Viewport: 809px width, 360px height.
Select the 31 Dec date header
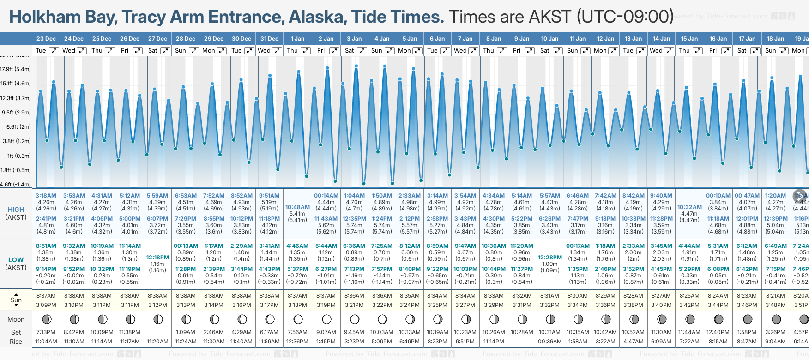coord(269,39)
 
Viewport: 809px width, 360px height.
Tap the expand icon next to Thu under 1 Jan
coord(306,51)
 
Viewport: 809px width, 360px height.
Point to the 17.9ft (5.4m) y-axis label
coord(16,69)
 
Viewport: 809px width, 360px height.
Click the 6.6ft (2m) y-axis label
coord(18,126)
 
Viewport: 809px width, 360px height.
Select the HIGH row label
coord(16,210)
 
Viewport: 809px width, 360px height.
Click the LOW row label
coord(16,260)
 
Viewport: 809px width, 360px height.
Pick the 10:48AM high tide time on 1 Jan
coord(297,207)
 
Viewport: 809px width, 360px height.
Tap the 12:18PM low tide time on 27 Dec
coord(157,258)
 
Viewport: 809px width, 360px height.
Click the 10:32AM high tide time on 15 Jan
coord(689,207)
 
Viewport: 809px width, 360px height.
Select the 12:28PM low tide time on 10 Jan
coord(549,258)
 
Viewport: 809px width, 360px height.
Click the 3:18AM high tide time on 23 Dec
coord(46,196)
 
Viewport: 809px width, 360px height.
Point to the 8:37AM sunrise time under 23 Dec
coord(46,296)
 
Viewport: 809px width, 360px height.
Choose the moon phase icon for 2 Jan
coord(326,319)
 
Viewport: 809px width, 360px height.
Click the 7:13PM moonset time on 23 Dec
coord(46,332)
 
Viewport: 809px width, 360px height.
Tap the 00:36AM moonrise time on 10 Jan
coord(549,342)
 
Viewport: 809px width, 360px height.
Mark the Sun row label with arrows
coord(16,300)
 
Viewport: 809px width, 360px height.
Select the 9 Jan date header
coord(522,39)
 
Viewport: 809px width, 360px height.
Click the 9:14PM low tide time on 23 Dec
coord(46,269)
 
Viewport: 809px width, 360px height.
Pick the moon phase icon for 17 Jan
coord(747,319)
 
